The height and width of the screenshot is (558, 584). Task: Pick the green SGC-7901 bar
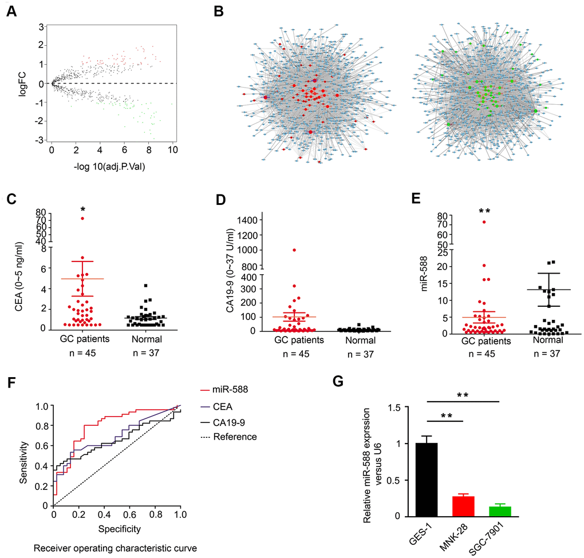pos(492,511)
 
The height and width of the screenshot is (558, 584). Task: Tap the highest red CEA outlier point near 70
pos(82,218)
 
